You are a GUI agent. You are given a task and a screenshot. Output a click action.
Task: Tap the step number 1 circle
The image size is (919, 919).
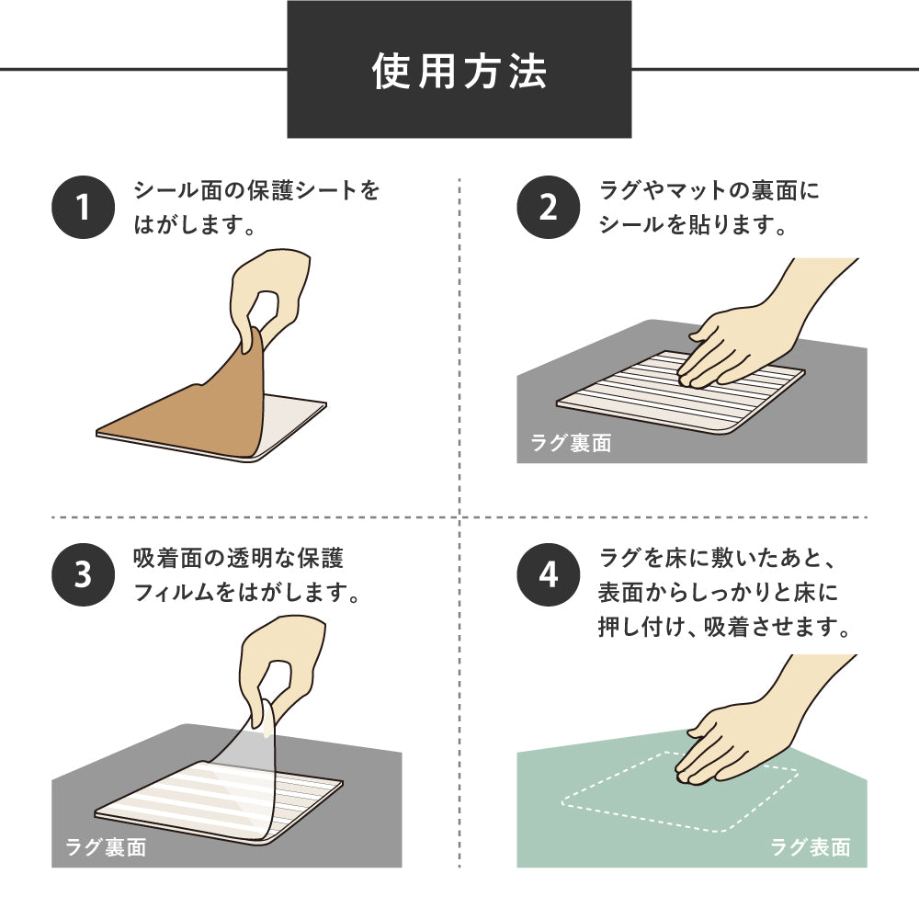82,208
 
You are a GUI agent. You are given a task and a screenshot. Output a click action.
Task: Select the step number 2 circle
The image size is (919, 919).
548,208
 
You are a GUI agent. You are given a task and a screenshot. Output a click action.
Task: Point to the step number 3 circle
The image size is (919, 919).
82,574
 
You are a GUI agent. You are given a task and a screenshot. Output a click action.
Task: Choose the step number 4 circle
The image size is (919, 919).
548,574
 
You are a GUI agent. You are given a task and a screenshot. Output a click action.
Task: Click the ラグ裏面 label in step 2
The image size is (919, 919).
571,443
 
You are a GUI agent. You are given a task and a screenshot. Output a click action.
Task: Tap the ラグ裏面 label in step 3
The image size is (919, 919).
106,847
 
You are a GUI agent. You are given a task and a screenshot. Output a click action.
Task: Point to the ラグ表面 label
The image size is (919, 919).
810,847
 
